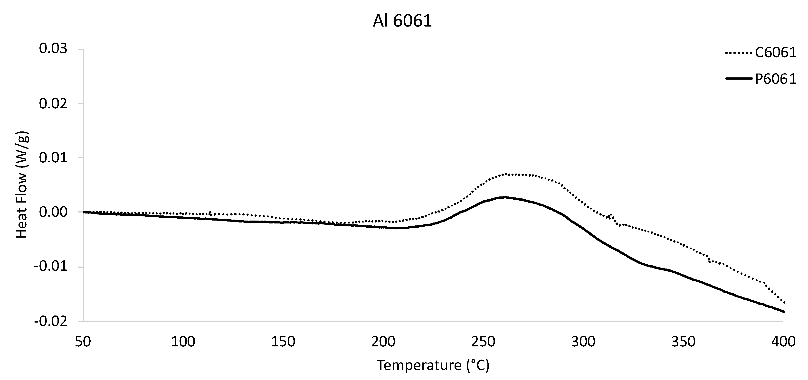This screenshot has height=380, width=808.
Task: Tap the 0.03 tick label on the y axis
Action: tap(53, 49)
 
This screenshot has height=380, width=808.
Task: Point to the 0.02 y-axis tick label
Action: tap(53, 103)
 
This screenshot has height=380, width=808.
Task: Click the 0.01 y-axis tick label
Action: tap(53, 158)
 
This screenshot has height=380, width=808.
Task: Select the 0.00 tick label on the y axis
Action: tap(53, 212)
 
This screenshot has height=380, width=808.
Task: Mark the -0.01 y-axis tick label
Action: tap(51, 267)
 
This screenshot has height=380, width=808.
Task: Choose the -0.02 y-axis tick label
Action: tap(51, 321)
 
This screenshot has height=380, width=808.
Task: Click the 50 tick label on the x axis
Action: tap(83, 342)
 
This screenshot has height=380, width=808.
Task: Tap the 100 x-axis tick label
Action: tap(183, 342)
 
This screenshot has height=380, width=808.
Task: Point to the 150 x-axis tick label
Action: tap(283, 342)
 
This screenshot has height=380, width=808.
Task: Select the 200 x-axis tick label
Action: tap(383, 342)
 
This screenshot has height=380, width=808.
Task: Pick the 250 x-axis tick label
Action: tap(483, 342)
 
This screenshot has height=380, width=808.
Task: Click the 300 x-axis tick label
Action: tap(583, 342)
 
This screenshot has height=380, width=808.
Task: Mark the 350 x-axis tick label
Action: tap(684, 342)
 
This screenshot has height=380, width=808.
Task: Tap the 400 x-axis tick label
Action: tap(783, 342)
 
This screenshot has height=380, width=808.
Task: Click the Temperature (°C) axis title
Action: tap(433, 365)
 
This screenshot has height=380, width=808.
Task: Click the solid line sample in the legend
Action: tap(739, 79)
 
